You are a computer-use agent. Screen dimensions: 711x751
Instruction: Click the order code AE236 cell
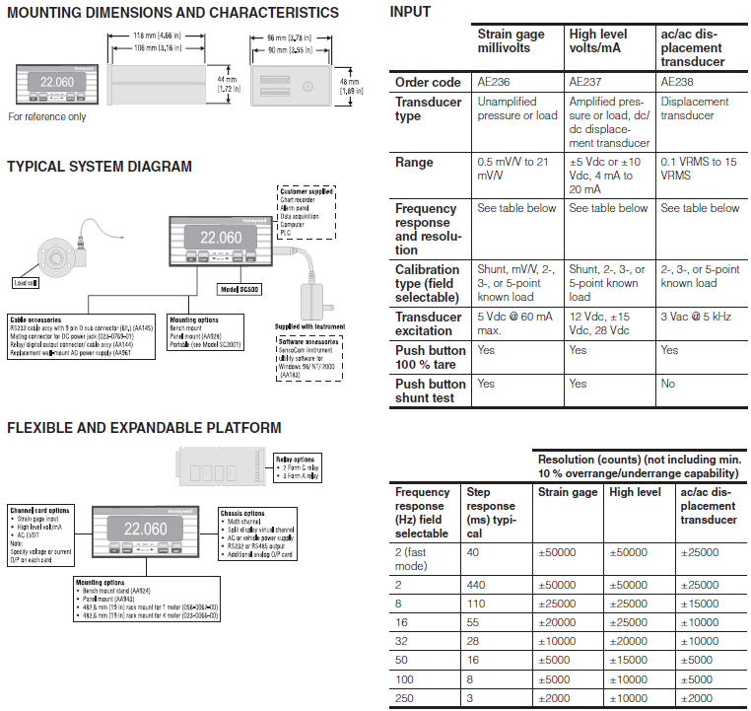pos(494,82)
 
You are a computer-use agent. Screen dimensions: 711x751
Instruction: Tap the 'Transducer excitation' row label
pos(429,323)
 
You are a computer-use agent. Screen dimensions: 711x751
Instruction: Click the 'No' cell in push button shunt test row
pos(669,384)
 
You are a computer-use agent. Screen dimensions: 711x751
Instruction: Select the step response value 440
pos(477,585)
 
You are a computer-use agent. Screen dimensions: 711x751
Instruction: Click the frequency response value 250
pos(406,697)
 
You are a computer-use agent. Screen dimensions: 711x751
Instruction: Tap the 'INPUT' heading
pos(410,12)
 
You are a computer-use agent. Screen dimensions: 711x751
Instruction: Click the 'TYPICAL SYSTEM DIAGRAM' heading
pos(100,167)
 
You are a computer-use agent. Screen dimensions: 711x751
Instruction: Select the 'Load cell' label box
pos(26,282)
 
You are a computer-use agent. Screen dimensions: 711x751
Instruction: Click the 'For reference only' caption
pos(47,116)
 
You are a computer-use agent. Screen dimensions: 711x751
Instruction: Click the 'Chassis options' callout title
pos(243,514)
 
